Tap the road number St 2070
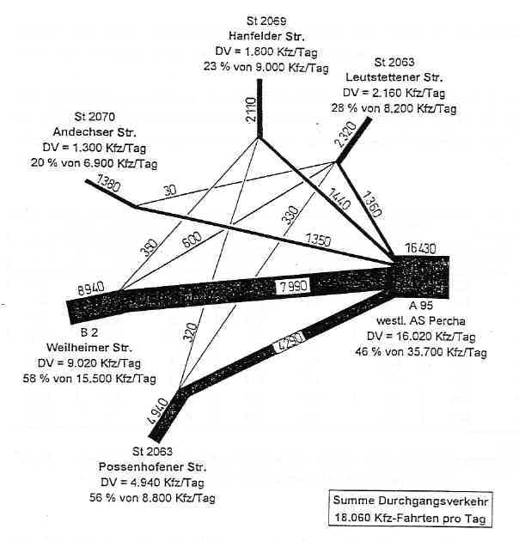click(95, 116)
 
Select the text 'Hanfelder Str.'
click(266, 36)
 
